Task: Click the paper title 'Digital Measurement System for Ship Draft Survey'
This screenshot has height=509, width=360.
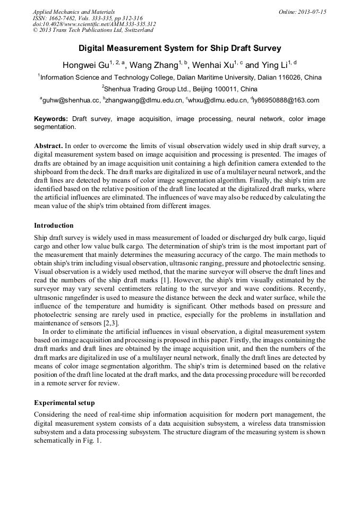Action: pos(179,48)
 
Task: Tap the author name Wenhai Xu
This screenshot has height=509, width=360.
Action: pos(212,66)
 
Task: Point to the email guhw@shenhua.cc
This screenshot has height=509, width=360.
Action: pos(71,100)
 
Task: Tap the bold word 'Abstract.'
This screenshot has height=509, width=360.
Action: pos(48,145)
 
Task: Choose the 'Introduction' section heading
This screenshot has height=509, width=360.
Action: pos(54,226)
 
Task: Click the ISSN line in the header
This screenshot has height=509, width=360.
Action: pos(84,18)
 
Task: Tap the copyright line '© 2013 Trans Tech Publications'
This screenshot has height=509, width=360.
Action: pos(93,30)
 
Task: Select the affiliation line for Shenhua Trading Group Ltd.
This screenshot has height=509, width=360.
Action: pos(179,89)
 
